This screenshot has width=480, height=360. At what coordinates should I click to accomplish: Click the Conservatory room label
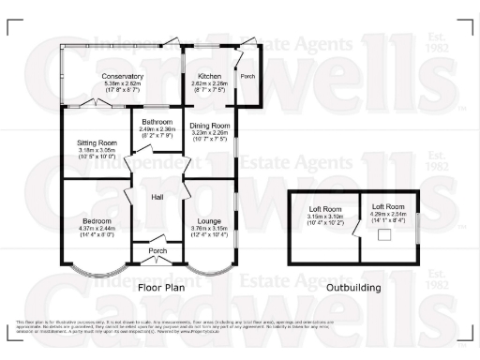123,76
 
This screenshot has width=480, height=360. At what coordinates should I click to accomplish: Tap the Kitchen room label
205,75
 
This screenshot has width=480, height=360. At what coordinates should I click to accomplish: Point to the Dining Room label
210,126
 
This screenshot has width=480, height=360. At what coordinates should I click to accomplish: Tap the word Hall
157,197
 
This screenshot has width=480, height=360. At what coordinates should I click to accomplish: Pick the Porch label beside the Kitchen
247,76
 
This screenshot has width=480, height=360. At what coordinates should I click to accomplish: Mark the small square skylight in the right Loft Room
384,235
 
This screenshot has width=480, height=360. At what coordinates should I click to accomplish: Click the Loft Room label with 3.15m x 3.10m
325,215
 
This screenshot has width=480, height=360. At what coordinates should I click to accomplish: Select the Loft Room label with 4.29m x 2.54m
388,206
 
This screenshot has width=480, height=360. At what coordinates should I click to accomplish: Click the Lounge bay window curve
209,273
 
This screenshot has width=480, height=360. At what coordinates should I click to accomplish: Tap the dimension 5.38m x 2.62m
123,83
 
